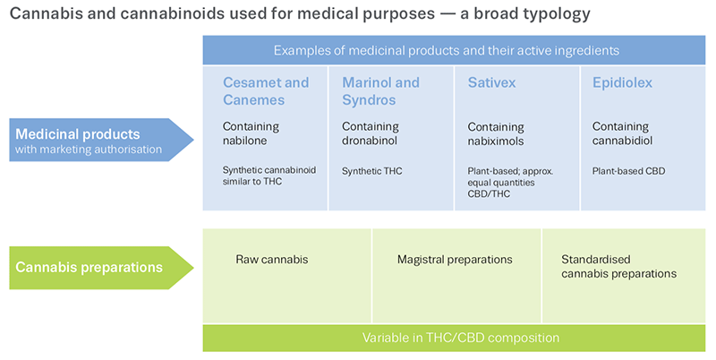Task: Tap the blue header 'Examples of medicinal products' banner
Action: (454, 50)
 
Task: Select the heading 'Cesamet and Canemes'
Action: (266, 91)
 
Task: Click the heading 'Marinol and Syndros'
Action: (380, 91)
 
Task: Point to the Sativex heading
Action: (491, 82)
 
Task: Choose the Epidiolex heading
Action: (622, 82)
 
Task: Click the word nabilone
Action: (244, 141)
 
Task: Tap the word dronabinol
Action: (370, 141)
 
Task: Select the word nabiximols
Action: (496, 141)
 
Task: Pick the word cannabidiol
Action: (622, 141)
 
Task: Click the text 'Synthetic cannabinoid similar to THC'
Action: (269, 176)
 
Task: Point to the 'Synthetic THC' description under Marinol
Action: (372, 171)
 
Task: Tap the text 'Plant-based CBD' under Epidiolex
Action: (629, 171)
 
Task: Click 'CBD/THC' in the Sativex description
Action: (489, 193)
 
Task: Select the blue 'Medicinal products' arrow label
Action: (101, 140)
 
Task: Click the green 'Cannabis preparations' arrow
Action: (101, 268)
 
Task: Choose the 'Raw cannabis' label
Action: (272, 260)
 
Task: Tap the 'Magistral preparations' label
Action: (455, 260)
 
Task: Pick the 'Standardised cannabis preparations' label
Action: (618, 266)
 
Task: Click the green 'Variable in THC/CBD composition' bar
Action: (454, 339)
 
